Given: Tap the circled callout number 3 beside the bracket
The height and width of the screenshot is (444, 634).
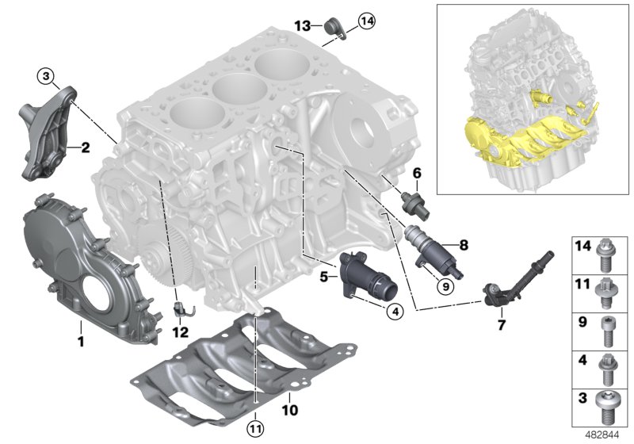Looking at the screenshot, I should (x=47, y=76).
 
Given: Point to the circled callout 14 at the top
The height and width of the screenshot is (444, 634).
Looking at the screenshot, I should (x=365, y=21).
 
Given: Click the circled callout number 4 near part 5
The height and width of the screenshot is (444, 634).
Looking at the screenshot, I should (x=394, y=312).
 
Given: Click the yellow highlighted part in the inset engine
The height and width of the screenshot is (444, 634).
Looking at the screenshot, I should (x=507, y=147).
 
